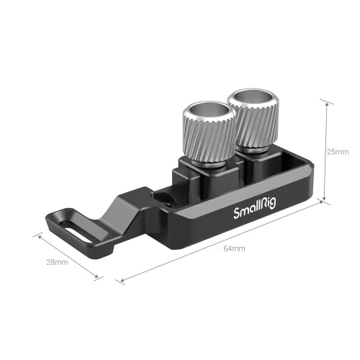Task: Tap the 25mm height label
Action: click(337, 152)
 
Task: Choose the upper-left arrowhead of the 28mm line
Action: click(35, 233)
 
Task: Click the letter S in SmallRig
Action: click(236, 215)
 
